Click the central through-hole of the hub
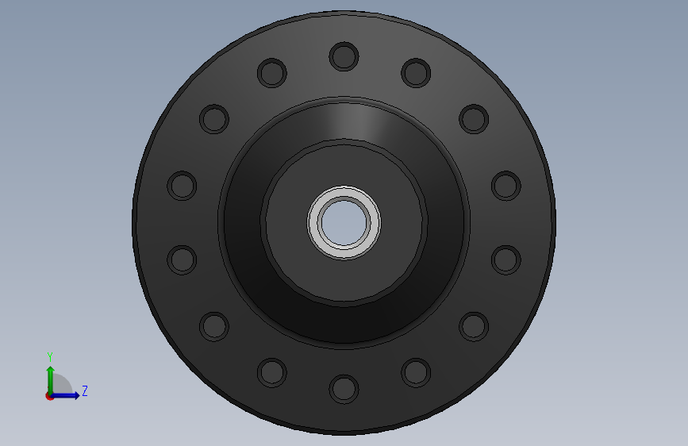tap(344, 222)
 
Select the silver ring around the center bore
tap(344, 192)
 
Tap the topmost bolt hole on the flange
tap(344, 56)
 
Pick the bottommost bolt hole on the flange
tap(344, 389)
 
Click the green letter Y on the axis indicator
tap(50, 356)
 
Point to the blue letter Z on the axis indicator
tap(85, 390)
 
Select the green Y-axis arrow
tap(51, 380)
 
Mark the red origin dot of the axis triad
tap(49, 396)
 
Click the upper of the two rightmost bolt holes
tap(506, 186)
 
